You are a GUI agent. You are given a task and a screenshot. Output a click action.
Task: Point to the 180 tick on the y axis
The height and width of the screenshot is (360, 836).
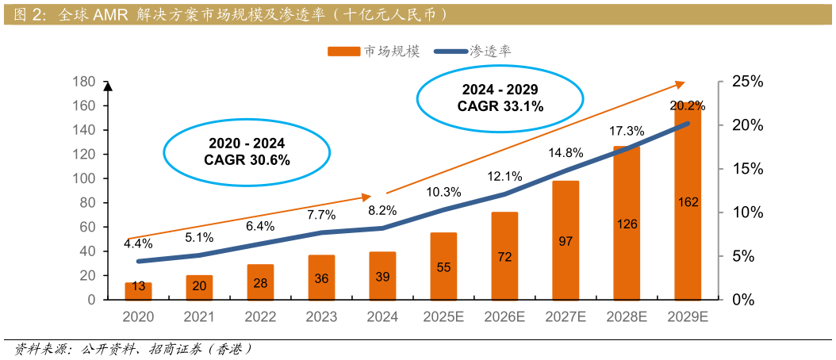pyautogui.click(x=83, y=82)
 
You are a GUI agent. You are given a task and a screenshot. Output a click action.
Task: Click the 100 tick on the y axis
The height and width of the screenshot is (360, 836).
pyautogui.click(x=83, y=178)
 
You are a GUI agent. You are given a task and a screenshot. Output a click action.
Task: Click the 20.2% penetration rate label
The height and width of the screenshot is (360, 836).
pyautogui.click(x=688, y=105)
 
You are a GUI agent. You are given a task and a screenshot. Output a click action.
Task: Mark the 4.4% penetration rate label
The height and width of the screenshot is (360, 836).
pyautogui.click(x=138, y=244)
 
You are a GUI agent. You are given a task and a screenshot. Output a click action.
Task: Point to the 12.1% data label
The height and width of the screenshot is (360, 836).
pyautogui.click(x=504, y=177)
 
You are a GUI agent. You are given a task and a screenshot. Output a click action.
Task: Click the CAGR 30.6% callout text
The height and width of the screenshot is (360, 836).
pyautogui.click(x=247, y=159)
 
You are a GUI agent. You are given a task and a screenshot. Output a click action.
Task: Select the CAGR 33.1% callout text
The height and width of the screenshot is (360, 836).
pyautogui.click(x=500, y=105)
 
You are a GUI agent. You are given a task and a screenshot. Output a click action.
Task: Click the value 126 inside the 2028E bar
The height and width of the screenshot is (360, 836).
pyautogui.click(x=627, y=224)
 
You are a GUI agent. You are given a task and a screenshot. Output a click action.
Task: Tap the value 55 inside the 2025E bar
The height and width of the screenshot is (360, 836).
pyautogui.click(x=443, y=267)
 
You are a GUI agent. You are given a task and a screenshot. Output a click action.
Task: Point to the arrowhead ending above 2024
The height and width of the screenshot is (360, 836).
pyautogui.click(x=367, y=196)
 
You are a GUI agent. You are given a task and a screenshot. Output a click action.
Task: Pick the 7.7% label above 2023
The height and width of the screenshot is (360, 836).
pyautogui.click(x=321, y=215)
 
